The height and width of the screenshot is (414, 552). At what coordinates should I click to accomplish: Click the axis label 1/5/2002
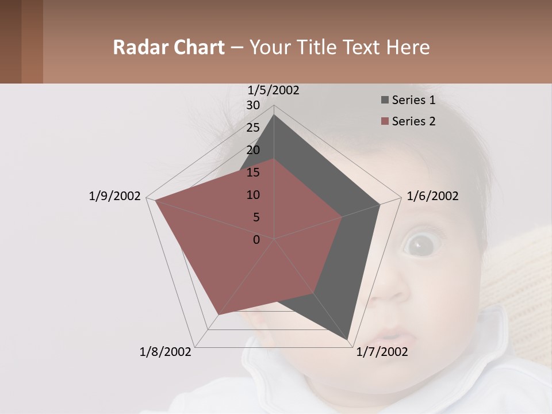coord(273,90)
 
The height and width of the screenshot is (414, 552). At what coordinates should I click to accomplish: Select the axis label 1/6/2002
coord(432,196)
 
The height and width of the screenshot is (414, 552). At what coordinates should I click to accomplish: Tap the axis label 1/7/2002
coord(382,352)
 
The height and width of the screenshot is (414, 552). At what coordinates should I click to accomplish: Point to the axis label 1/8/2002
coord(166,352)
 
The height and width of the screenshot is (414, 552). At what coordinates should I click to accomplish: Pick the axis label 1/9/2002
coord(114,196)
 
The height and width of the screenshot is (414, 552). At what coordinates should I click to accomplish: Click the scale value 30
coord(253,105)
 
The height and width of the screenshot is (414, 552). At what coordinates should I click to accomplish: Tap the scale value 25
coord(253,128)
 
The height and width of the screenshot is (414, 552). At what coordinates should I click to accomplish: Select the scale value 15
coord(253,172)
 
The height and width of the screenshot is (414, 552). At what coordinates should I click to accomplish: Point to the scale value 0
coord(256,240)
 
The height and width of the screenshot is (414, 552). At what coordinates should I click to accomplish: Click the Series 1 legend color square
coord(385,101)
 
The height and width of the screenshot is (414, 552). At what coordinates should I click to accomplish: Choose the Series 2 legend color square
coord(385,121)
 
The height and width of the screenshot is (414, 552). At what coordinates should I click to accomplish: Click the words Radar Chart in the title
coord(168,48)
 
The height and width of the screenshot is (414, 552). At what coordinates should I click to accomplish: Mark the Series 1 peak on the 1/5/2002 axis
coord(274,114)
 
